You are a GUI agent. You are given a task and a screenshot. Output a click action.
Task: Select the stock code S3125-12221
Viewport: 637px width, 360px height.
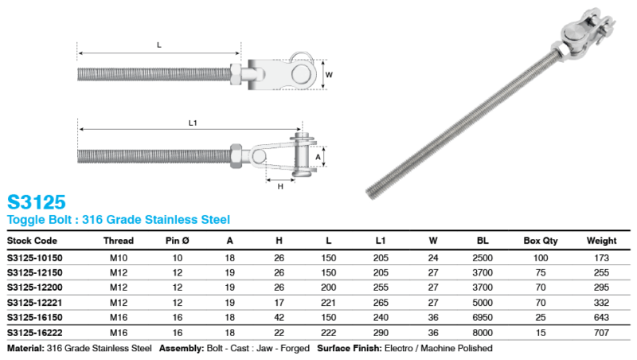click(x=34, y=302)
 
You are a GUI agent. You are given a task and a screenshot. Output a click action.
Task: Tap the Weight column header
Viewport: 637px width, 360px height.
click(x=601, y=240)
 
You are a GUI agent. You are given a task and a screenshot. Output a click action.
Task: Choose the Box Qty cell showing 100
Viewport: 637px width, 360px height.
click(x=542, y=259)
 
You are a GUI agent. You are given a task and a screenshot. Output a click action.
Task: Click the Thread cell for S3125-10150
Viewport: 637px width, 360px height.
click(x=118, y=259)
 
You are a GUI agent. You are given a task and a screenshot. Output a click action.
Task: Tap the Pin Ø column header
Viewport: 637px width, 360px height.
click(x=178, y=240)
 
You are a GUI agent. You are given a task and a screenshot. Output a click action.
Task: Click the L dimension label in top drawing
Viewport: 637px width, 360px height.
click(x=159, y=45)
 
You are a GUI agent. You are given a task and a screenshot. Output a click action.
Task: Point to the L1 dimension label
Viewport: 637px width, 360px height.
click(x=192, y=123)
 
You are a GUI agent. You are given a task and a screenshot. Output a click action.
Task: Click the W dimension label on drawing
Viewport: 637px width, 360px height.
click(x=329, y=76)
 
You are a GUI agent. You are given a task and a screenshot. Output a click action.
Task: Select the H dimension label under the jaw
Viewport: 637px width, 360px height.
click(x=281, y=186)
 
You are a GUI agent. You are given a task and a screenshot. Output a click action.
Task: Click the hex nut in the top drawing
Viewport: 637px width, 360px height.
click(x=235, y=74)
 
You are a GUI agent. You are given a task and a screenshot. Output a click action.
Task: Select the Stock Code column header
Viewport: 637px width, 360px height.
click(x=32, y=240)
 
